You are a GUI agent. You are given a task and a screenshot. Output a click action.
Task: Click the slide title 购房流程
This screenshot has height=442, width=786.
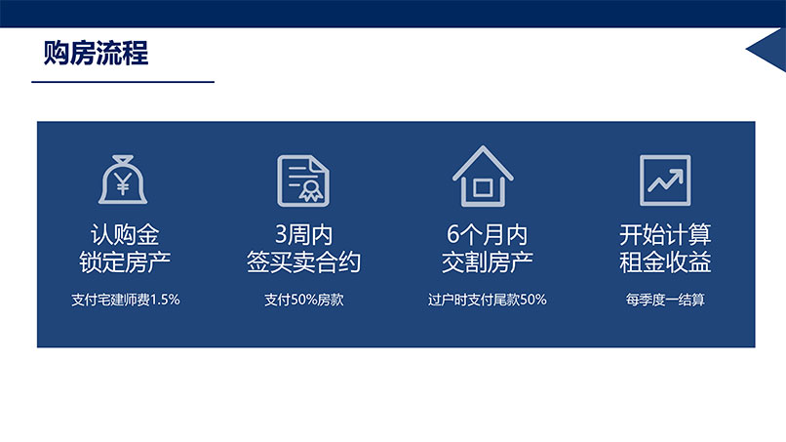[x=96, y=53]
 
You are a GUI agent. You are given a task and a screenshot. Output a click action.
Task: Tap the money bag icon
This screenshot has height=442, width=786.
[x=123, y=180]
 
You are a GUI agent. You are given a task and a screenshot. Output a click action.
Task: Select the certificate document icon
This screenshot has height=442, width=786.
[x=303, y=181]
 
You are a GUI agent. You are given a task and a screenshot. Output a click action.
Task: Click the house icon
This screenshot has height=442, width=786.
[x=483, y=176]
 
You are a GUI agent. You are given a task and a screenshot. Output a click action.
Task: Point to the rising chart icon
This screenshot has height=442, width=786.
[x=665, y=181]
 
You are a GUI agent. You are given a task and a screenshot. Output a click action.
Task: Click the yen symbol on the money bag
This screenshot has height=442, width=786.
[x=123, y=183]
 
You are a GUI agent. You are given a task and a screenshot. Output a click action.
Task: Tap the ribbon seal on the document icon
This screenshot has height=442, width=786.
[x=311, y=191]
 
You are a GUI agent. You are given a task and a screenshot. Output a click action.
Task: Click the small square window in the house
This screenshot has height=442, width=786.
[x=483, y=188]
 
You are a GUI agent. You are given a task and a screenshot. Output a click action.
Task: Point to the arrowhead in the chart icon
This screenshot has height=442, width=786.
[x=677, y=175]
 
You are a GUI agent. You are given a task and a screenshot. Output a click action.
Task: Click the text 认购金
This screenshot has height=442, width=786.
[x=124, y=234]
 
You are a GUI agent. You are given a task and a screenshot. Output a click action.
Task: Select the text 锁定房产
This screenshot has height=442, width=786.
[x=124, y=261]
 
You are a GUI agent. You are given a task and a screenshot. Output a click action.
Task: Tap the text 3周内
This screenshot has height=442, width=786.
[x=303, y=234]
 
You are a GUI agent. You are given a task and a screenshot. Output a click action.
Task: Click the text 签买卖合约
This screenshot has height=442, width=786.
[x=303, y=261]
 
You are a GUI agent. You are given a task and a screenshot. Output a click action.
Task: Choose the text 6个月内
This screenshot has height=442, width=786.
[x=487, y=234]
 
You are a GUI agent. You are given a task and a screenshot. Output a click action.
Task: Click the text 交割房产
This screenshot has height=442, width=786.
[x=487, y=261]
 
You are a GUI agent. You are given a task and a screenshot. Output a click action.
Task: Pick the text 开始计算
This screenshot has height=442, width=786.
[x=665, y=234]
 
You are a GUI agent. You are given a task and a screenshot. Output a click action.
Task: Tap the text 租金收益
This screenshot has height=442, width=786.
[x=665, y=261]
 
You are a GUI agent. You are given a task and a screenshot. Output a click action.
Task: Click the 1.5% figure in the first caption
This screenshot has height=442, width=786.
[x=165, y=300]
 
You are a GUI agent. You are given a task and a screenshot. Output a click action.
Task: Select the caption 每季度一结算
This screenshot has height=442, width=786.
[x=665, y=300]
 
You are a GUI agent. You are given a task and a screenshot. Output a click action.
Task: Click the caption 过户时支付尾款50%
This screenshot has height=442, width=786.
[x=487, y=300]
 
